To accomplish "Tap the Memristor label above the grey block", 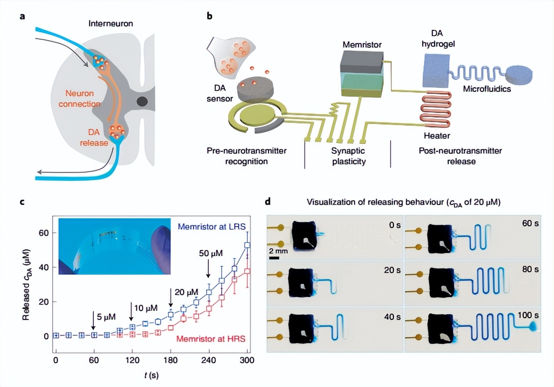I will click(362, 45).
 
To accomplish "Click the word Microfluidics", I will click(487, 89).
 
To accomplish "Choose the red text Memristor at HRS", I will click(210, 339).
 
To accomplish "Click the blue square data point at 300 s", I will click(247, 245).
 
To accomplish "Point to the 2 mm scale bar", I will click(274, 257).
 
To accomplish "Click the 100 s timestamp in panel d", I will click(528, 315).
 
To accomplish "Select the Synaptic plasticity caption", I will click(349, 156).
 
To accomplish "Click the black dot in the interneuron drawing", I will click(142, 102).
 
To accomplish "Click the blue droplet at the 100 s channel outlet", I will click(532, 327).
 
